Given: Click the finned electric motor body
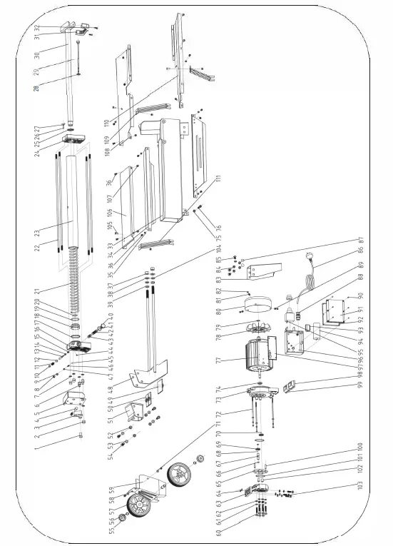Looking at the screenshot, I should click(260, 360).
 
